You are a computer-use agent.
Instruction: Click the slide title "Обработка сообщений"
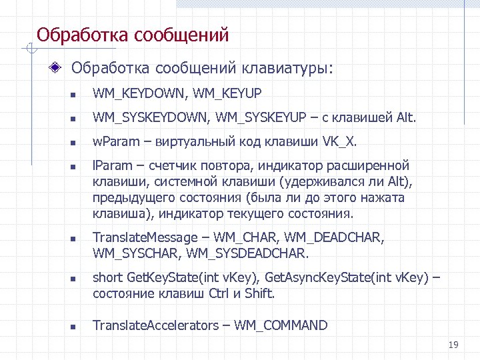pyautogui.click(x=133, y=34)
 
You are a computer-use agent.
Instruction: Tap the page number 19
pyautogui.click(x=454, y=345)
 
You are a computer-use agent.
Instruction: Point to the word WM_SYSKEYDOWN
pyautogui.click(x=151, y=119)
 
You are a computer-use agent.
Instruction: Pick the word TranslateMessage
pyautogui.click(x=145, y=238)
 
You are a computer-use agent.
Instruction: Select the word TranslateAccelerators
pyautogui.click(x=155, y=326)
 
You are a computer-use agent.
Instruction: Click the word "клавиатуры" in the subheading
pyautogui.click(x=287, y=69)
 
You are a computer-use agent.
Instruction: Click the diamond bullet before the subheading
pyautogui.click(x=59, y=68)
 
